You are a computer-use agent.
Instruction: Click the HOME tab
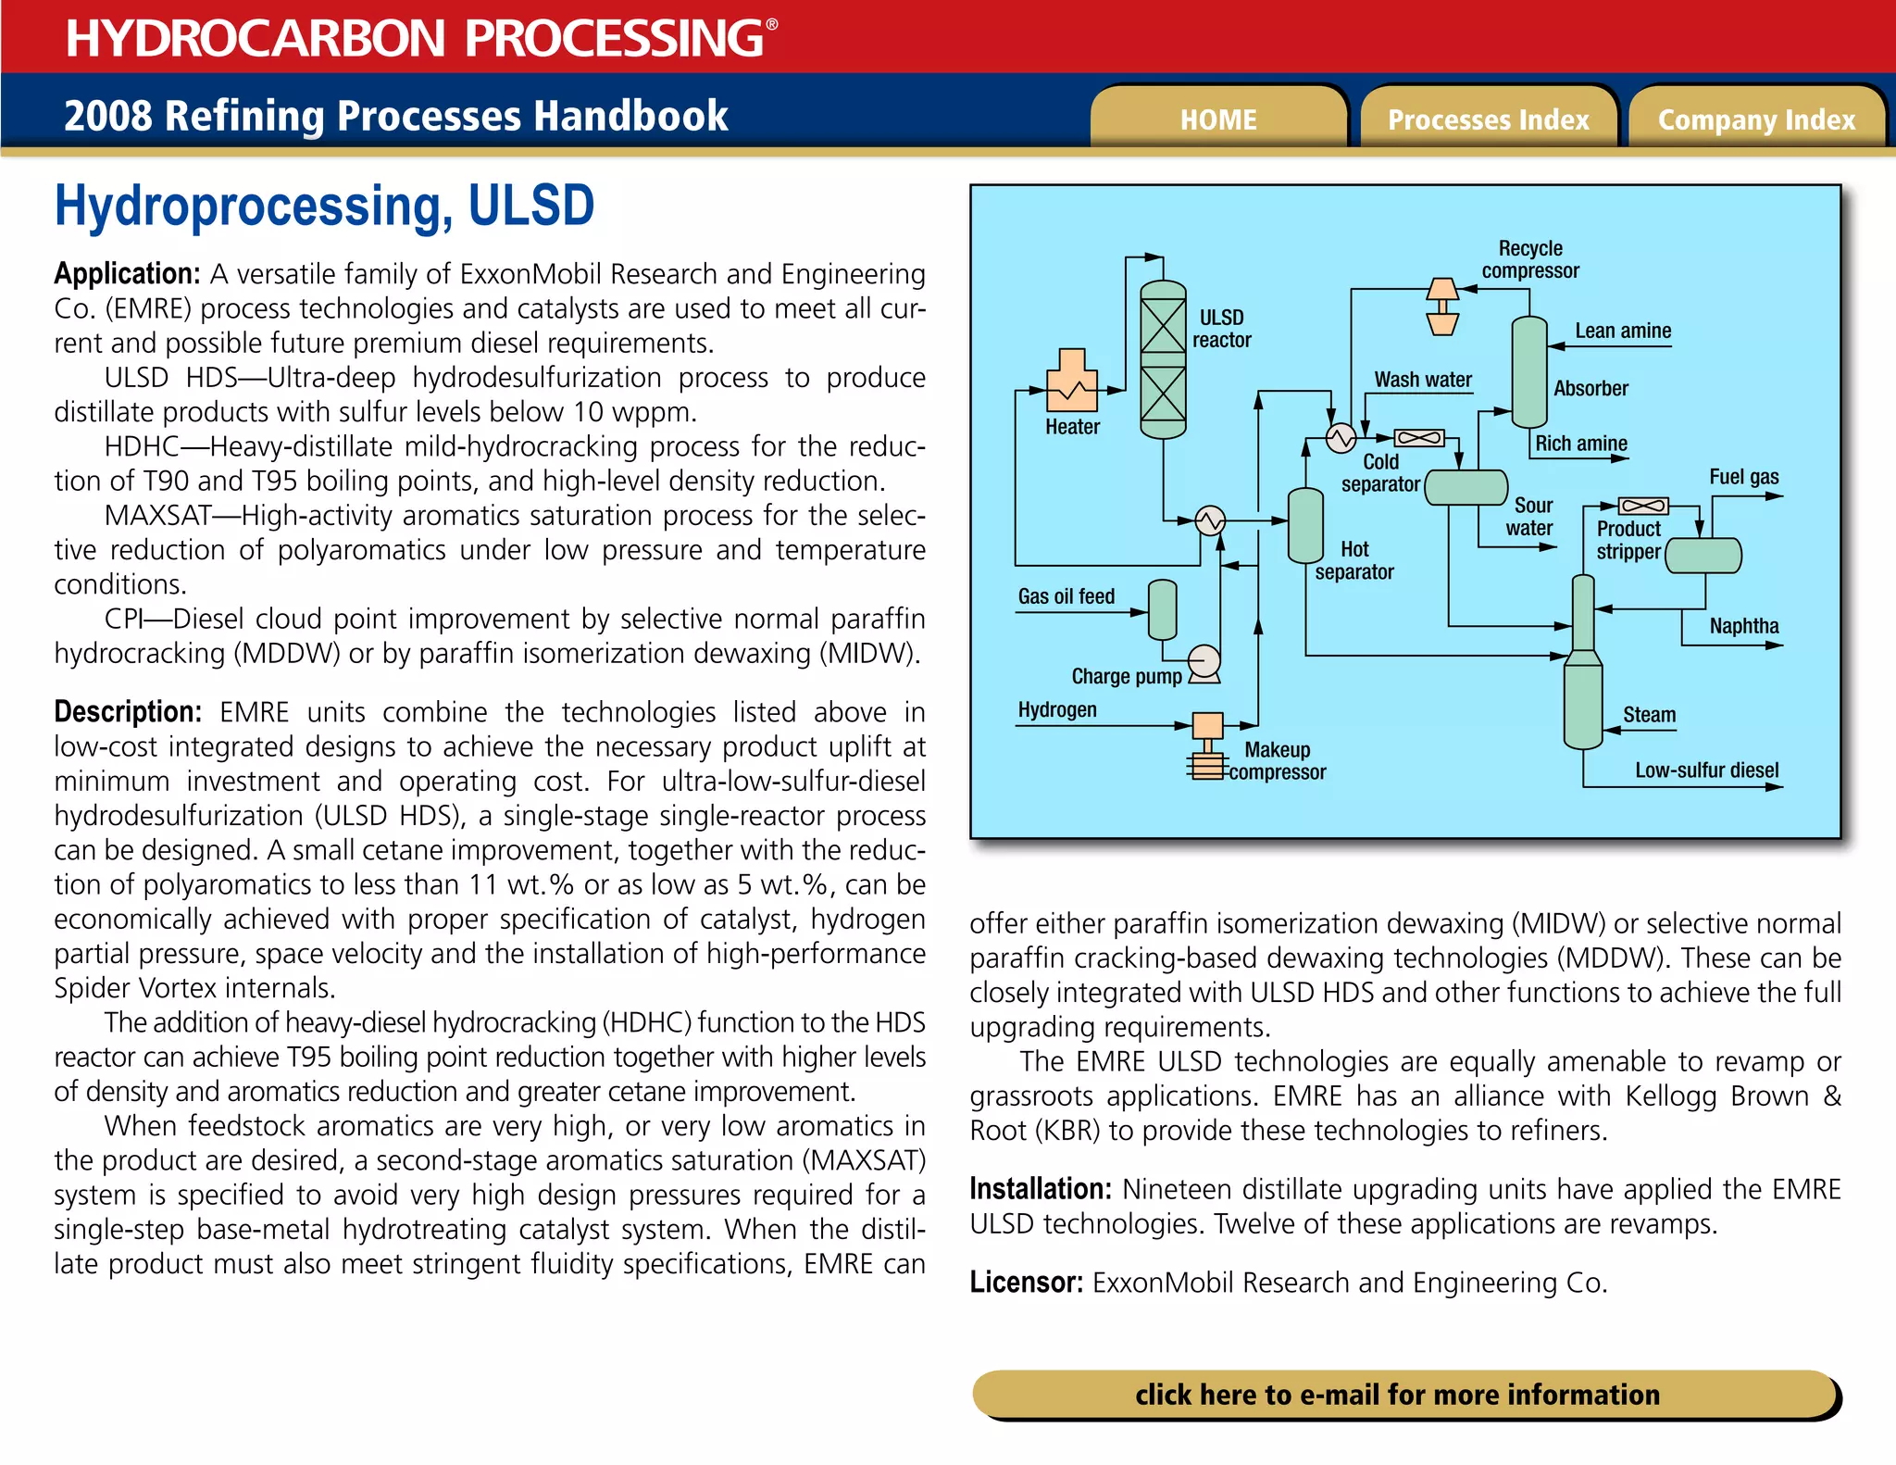[x=1217, y=119]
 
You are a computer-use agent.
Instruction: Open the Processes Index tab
[x=1488, y=119]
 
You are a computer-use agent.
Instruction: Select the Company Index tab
[x=1756, y=119]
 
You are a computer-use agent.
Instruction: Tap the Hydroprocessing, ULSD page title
[x=324, y=206]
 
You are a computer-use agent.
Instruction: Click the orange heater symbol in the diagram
[x=1072, y=382]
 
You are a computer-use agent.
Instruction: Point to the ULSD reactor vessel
[x=1163, y=359]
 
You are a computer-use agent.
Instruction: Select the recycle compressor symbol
[x=1442, y=306]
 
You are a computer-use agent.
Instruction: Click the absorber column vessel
[x=1529, y=371]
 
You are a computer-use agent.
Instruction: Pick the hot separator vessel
[x=1305, y=525]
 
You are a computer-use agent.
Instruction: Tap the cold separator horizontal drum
[x=1466, y=487]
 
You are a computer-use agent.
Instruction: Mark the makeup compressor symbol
[x=1207, y=745]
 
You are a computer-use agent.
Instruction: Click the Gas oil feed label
[x=1066, y=596]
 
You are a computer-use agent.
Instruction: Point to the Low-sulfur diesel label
[x=1706, y=770]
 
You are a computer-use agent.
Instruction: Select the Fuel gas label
[x=1743, y=477]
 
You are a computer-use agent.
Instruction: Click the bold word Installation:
[x=1040, y=1188]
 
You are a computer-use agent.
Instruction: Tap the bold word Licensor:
[x=1026, y=1283]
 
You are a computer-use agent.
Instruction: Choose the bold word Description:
[x=128, y=711]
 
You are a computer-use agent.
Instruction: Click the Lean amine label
[x=1623, y=331]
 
